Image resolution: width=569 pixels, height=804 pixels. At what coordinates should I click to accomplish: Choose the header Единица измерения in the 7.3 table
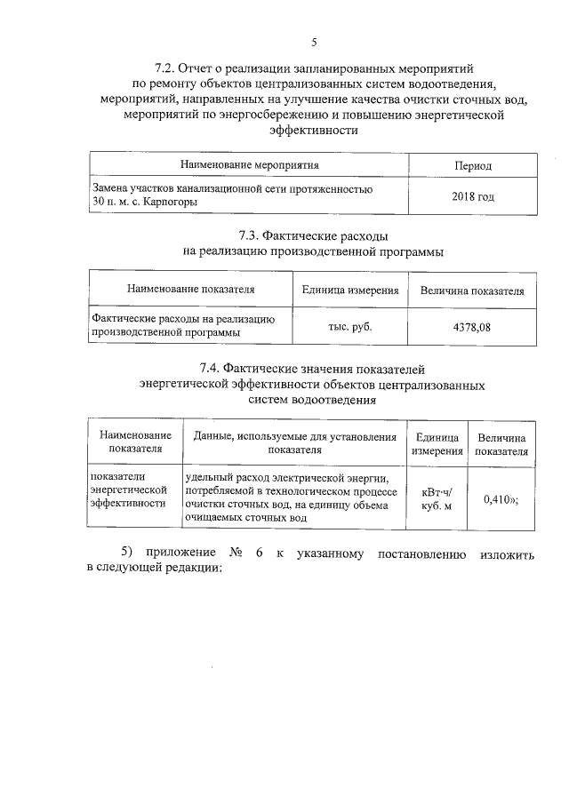pyautogui.click(x=349, y=290)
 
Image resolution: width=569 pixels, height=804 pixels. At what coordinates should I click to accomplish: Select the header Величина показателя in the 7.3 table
pyautogui.click(x=471, y=291)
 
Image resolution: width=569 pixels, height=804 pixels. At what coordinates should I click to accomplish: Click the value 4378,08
pyautogui.click(x=471, y=326)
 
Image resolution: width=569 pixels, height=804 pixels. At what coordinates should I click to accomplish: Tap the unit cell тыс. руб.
pyautogui.click(x=350, y=326)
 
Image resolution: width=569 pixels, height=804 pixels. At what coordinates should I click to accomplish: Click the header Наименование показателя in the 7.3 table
pyautogui.click(x=190, y=290)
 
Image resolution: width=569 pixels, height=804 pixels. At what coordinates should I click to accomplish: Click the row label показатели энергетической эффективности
pyautogui.click(x=129, y=490)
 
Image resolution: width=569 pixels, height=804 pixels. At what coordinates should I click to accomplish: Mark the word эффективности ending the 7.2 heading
pyautogui.click(x=314, y=130)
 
